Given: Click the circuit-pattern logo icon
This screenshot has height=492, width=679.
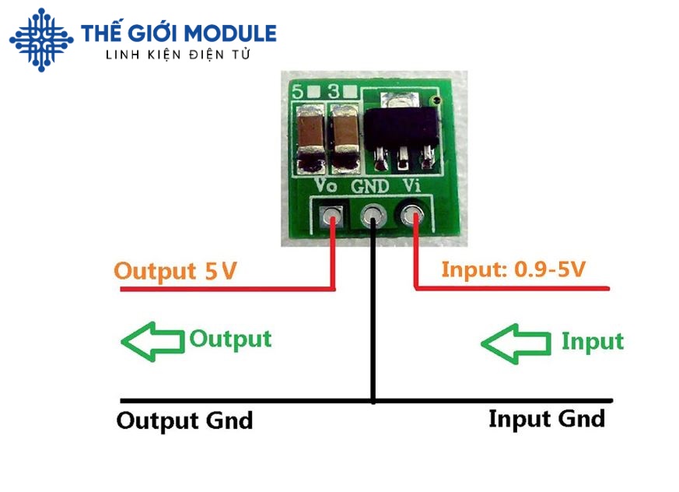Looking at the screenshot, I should [40, 39].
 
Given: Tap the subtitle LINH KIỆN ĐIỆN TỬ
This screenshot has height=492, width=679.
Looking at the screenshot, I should [178, 54].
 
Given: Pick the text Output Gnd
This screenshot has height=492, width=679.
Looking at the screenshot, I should [184, 420].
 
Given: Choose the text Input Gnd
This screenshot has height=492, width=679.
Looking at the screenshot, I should [546, 419].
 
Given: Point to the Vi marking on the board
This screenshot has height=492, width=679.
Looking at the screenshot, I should [413, 186].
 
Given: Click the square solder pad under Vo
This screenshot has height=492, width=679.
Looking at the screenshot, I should [333, 213].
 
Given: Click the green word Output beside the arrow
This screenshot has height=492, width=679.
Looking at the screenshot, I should [231, 339].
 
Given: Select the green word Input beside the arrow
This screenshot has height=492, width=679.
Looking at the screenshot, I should [593, 341].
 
